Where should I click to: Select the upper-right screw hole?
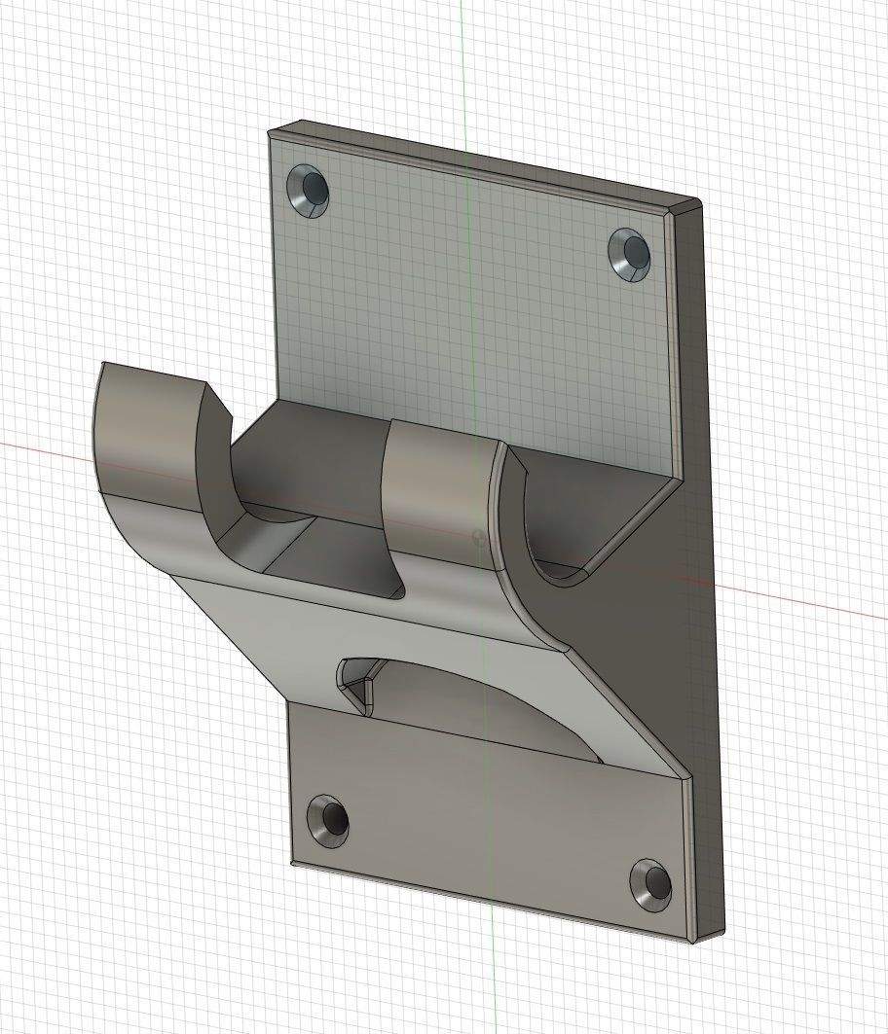(x=631, y=253)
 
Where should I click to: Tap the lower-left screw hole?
(x=328, y=819)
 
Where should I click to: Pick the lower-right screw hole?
(x=650, y=883)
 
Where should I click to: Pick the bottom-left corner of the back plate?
(x=292, y=862)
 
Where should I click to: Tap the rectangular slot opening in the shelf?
(x=331, y=564)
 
